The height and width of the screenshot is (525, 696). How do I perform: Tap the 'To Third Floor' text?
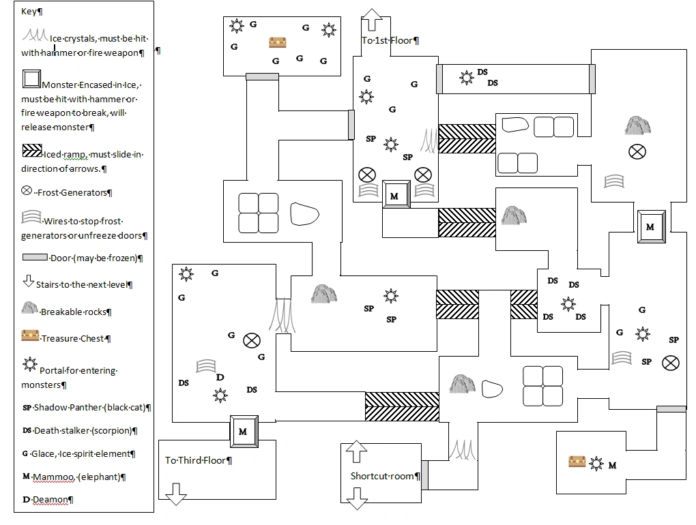tap(197, 460)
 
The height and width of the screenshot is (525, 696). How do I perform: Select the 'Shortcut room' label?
tap(383, 476)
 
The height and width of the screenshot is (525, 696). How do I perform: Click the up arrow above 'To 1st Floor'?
tap(372, 20)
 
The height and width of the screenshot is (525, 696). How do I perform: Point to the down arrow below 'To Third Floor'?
tap(176, 494)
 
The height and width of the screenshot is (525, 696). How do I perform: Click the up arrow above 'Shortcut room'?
tap(357, 452)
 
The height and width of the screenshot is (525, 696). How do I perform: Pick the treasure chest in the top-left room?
tap(278, 42)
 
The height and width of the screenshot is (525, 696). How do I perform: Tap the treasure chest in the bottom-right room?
tap(578, 462)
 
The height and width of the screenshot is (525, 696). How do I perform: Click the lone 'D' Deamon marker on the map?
tap(220, 378)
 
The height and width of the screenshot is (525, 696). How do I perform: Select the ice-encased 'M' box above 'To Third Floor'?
tap(243, 431)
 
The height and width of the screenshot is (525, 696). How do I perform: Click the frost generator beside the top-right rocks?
tap(637, 152)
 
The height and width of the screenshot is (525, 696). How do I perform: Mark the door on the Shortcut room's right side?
tap(424, 475)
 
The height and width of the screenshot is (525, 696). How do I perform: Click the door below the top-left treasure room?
tap(262, 77)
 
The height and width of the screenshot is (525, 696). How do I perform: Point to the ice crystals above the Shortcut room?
tap(462, 449)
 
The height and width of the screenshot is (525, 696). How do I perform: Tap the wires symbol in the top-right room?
tap(613, 181)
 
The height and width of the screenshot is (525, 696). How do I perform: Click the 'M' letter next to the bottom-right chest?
tap(612, 466)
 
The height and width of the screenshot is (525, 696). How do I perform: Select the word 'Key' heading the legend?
tap(29, 12)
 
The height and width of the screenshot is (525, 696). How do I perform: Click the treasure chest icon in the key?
tap(30, 335)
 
